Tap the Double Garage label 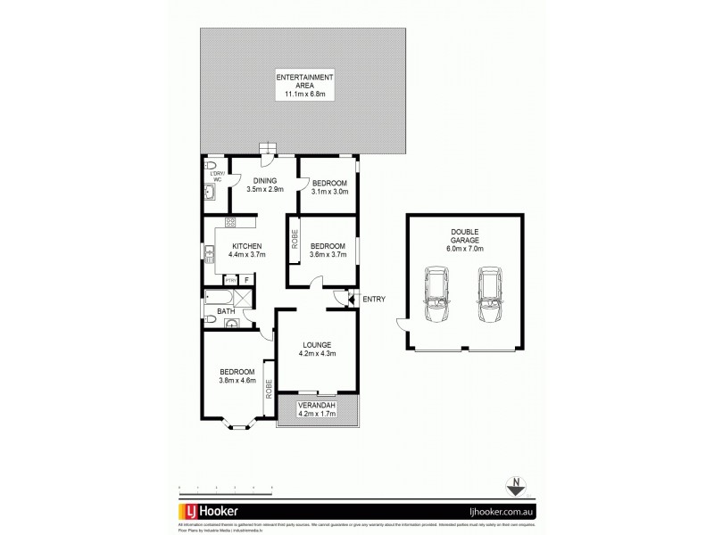tap(465, 238)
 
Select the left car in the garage tap(438, 299)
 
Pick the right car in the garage tap(490, 299)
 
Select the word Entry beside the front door tap(374, 299)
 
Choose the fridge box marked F tap(246, 279)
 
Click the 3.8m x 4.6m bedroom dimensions tap(237, 381)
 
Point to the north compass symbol tap(514, 487)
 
